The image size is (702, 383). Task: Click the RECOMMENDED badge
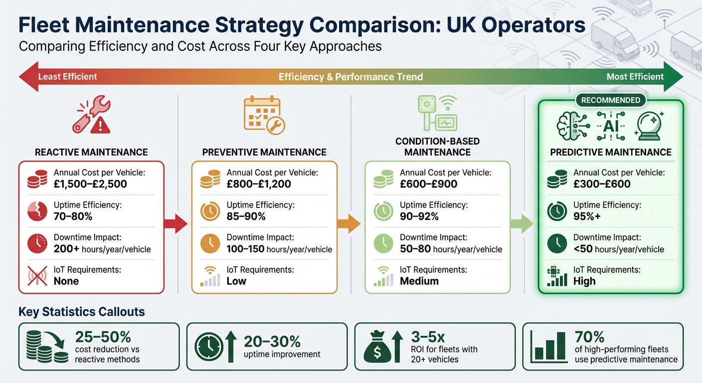[x=610, y=100]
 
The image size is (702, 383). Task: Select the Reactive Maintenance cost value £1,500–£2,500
[x=90, y=184]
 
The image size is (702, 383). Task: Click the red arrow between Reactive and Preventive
[x=175, y=224]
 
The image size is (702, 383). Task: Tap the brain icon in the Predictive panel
[x=569, y=125]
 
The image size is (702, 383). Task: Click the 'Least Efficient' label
[x=68, y=76]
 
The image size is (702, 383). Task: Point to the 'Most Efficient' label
[x=635, y=76]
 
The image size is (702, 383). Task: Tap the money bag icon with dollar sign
[x=377, y=347]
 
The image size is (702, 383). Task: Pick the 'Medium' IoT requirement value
[x=419, y=281]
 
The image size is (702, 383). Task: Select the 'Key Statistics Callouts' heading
[x=82, y=312]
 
